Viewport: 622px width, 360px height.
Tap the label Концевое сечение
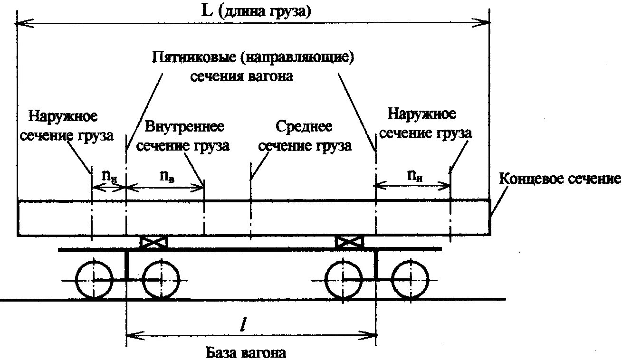560,179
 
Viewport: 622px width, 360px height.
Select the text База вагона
247,353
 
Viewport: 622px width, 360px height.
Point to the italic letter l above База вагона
242,325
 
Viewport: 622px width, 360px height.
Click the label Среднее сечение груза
304,136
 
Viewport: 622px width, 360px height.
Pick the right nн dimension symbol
414,176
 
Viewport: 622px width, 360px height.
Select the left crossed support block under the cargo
154,242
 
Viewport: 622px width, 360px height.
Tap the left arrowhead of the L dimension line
21,21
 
